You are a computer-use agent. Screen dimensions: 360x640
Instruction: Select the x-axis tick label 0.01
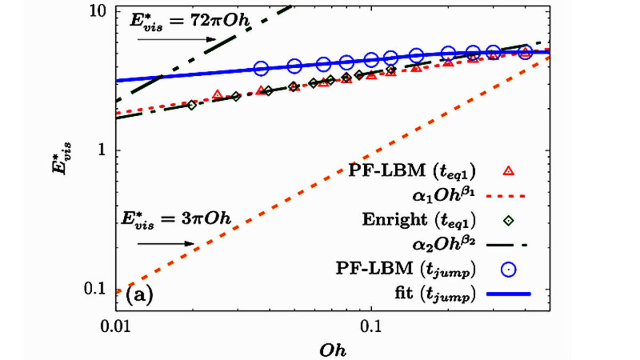tap(116, 324)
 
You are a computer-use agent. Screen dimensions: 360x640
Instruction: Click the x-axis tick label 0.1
tap(370, 324)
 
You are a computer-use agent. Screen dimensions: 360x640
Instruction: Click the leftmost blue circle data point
tap(260, 68)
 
